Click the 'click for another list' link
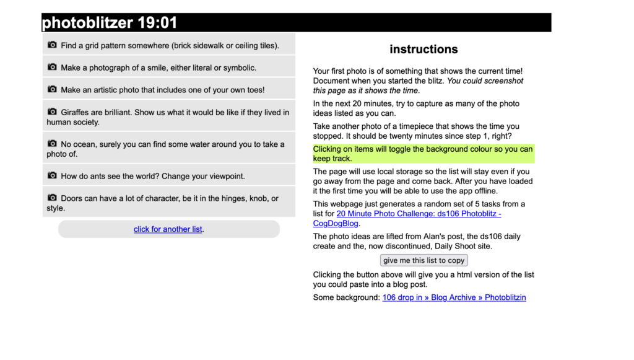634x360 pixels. coord(168,229)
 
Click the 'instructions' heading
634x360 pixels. coord(423,50)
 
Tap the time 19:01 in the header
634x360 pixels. coord(157,23)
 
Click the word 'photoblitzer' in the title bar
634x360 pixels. coord(87,23)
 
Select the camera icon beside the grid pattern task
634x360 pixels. coord(52,45)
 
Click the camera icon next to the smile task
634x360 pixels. coord(52,68)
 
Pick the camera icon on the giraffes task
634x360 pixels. coord(52,112)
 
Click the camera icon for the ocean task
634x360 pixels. coord(52,144)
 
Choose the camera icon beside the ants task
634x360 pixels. coord(52,176)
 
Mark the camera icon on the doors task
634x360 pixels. coord(52,198)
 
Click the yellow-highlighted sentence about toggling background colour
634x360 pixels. coord(423,154)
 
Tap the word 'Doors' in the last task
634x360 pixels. coord(72,198)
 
